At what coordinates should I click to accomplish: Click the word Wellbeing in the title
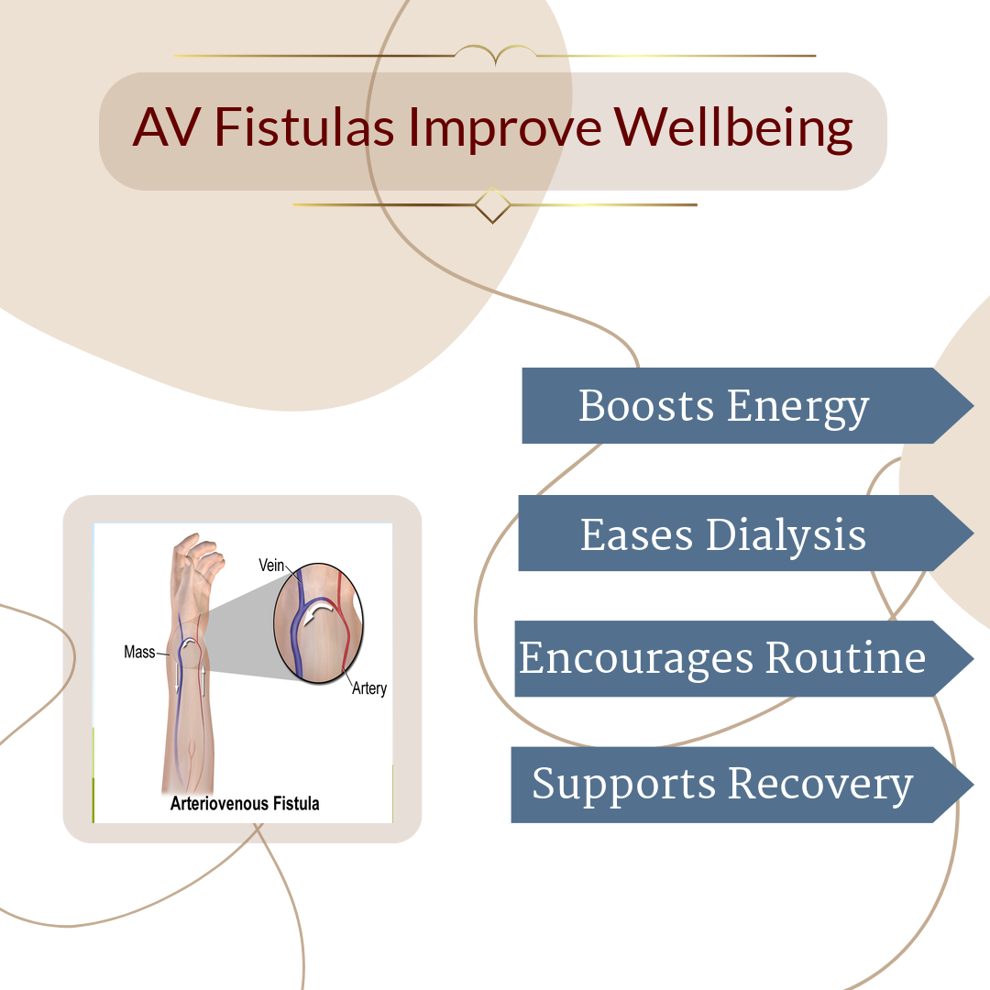pyautogui.click(x=733, y=129)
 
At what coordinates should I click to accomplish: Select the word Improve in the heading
pyautogui.click(x=504, y=129)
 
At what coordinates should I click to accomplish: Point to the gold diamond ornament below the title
pyautogui.click(x=492, y=205)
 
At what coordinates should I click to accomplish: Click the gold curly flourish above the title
pyautogui.click(x=496, y=54)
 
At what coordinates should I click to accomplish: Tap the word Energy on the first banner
pyautogui.click(x=798, y=408)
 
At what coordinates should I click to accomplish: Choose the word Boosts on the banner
pyautogui.click(x=646, y=405)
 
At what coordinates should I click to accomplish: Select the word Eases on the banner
pyautogui.click(x=636, y=535)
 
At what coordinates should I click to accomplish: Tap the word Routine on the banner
pyautogui.click(x=846, y=658)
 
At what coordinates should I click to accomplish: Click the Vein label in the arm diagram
pyautogui.click(x=271, y=565)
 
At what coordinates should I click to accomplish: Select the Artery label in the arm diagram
pyautogui.click(x=369, y=688)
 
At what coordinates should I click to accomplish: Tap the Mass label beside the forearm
pyautogui.click(x=139, y=653)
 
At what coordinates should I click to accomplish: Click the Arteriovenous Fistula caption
pyautogui.click(x=245, y=803)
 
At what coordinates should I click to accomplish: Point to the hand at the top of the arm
pyautogui.click(x=197, y=571)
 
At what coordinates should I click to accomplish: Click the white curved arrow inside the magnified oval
pyautogui.click(x=317, y=612)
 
